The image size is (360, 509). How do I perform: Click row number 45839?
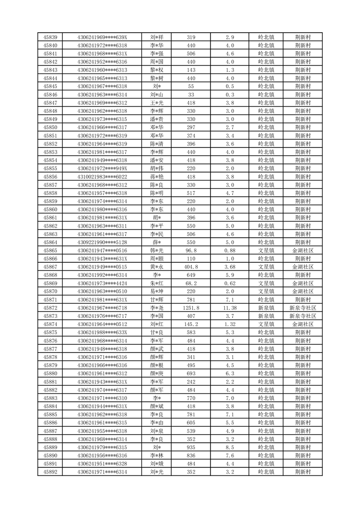[50, 37]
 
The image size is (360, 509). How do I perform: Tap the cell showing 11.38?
[230, 308]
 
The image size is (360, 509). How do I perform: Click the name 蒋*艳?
[157, 176]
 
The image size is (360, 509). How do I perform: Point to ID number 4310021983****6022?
[102, 176]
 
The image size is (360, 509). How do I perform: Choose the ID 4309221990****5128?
[102, 242]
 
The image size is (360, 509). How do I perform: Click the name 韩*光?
[157, 250]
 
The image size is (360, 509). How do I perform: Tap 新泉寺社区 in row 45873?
[302, 316]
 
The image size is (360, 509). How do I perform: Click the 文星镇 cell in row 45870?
[266, 291]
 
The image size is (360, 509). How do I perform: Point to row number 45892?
[50, 472]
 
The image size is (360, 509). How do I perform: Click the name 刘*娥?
[157, 464]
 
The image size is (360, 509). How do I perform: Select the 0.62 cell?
[230, 283]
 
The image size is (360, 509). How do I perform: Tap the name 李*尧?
[157, 308]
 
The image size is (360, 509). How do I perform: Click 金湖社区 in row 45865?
[302, 250]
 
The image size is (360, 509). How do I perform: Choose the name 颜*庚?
[157, 373]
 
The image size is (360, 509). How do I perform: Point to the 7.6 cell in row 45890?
[230, 455]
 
